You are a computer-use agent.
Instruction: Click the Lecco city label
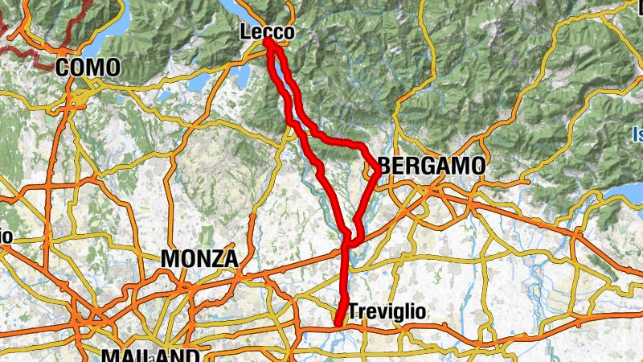pos(266,32)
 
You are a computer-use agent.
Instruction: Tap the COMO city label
pos(88,68)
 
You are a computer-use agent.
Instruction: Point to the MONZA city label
pos(199,259)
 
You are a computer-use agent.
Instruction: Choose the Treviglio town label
pos(387,311)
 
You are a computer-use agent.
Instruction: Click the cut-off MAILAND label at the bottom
pos(151,356)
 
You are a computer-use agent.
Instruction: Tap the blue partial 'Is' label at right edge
pos(637,134)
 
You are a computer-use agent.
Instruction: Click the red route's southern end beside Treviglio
pos(338,323)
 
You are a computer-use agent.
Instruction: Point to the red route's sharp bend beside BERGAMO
pos(378,171)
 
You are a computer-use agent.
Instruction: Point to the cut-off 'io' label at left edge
pos(5,236)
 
